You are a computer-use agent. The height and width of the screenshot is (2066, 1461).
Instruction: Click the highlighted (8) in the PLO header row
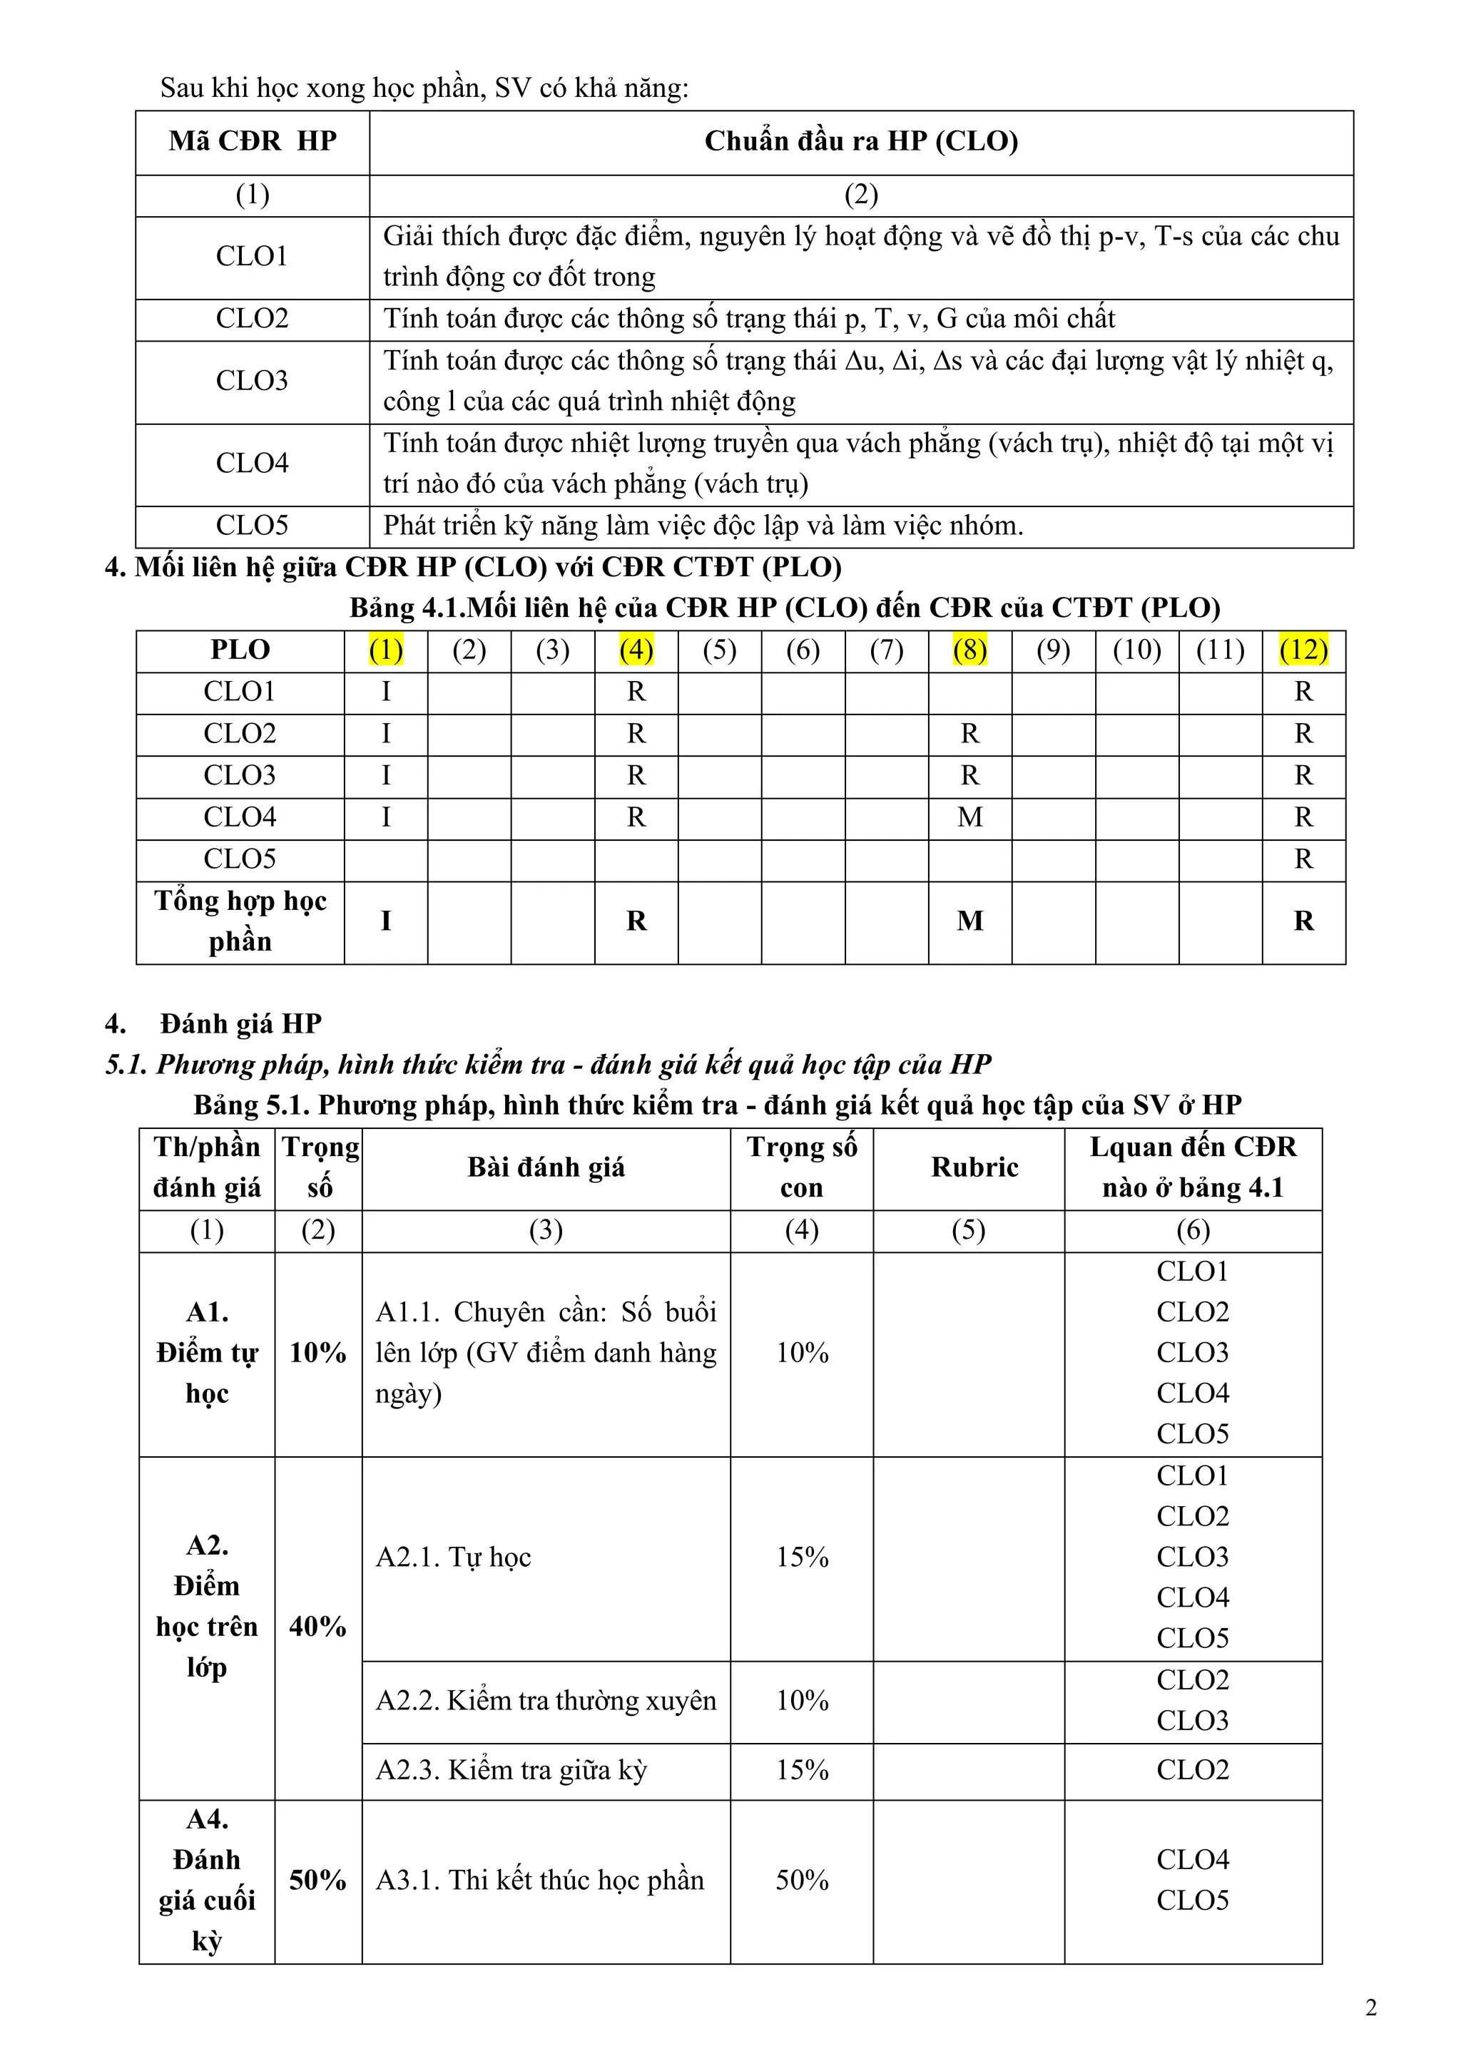[x=969, y=650]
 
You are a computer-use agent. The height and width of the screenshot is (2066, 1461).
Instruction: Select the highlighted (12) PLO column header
[x=1303, y=650]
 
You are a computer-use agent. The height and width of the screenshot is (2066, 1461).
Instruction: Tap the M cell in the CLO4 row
[x=969, y=817]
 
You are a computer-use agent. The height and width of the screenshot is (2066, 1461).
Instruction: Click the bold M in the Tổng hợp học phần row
[x=969, y=921]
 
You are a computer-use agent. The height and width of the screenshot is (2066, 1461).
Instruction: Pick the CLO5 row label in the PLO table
[x=240, y=859]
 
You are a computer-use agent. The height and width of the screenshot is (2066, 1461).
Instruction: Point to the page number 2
[x=1371, y=2008]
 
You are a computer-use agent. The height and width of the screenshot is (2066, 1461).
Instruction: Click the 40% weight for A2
[x=317, y=1626]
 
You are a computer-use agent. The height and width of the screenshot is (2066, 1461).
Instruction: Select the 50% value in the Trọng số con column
[x=801, y=1880]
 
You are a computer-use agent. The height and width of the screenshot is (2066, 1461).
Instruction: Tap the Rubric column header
[x=974, y=1167]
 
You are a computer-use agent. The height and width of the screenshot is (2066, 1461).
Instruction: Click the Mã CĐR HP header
[x=252, y=141]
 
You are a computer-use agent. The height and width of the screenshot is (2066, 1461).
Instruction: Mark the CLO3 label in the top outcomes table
[x=252, y=381]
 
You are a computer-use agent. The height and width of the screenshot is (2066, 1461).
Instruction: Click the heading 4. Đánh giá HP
[x=240, y=1023]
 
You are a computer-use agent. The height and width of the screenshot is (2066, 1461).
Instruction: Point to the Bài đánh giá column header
[x=546, y=1167]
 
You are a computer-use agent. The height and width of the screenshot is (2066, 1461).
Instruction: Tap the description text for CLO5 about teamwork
[x=703, y=526]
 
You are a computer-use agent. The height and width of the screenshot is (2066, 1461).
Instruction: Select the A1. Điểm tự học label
[x=207, y=1352]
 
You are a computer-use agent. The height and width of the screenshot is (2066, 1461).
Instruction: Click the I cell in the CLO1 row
[x=385, y=691]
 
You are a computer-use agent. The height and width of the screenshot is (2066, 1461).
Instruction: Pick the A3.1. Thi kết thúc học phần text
[x=539, y=1880]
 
